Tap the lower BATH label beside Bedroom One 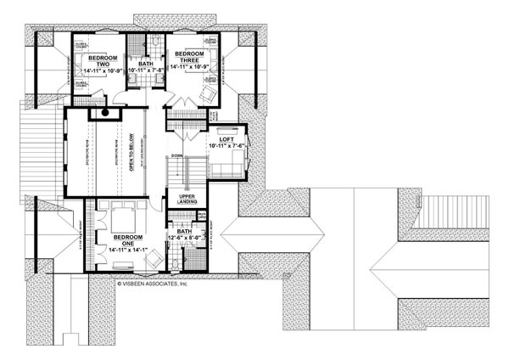click(186, 230)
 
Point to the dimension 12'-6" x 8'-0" click(187, 239)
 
